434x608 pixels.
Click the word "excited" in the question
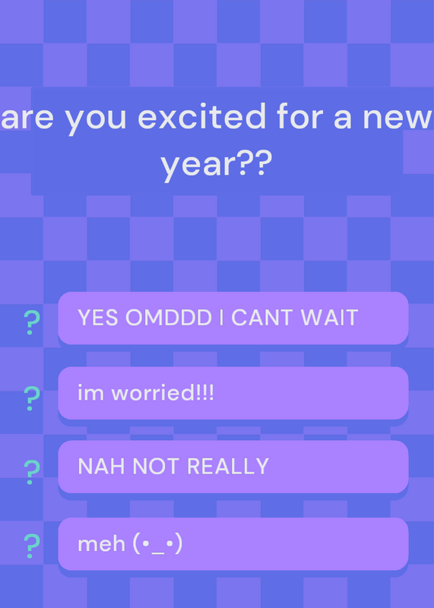[201, 116]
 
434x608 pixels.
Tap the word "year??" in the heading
[217, 164]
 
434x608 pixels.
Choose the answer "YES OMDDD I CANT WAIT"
[233, 318]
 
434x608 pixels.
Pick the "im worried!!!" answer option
[233, 393]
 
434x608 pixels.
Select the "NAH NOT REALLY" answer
[233, 467]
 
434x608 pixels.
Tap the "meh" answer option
[233, 544]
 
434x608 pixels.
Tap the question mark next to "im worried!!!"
[32, 398]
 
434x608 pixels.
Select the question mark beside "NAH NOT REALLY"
[32, 472]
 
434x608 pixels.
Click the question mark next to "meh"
[32, 546]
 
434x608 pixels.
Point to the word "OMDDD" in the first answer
[169, 318]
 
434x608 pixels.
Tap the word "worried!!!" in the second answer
[163, 393]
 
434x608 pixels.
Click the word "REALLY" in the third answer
[228, 467]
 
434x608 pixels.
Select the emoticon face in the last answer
[157, 544]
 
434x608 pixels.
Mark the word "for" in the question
[303, 116]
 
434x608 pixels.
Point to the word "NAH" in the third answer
[102, 467]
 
